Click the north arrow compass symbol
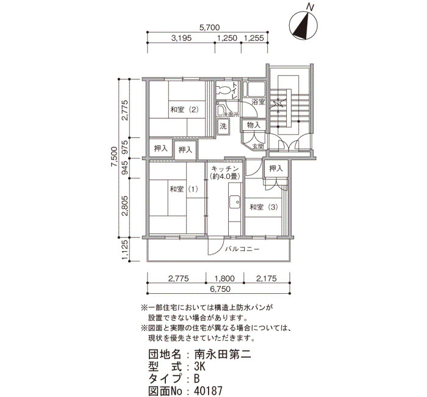(303, 26)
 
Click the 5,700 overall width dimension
(209, 27)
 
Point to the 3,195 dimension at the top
(181, 38)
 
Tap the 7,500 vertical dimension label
(114, 158)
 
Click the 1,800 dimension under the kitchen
(224, 279)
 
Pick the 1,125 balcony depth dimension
(125, 250)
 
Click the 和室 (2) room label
(184, 110)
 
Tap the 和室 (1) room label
(184, 189)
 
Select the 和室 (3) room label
(264, 208)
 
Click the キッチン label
(225, 169)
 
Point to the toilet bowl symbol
(223, 90)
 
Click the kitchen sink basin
(234, 202)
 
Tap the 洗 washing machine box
(223, 126)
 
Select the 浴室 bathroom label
(259, 102)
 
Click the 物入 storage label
(254, 125)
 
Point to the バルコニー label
(242, 249)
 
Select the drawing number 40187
(208, 391)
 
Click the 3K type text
(199, 366)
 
